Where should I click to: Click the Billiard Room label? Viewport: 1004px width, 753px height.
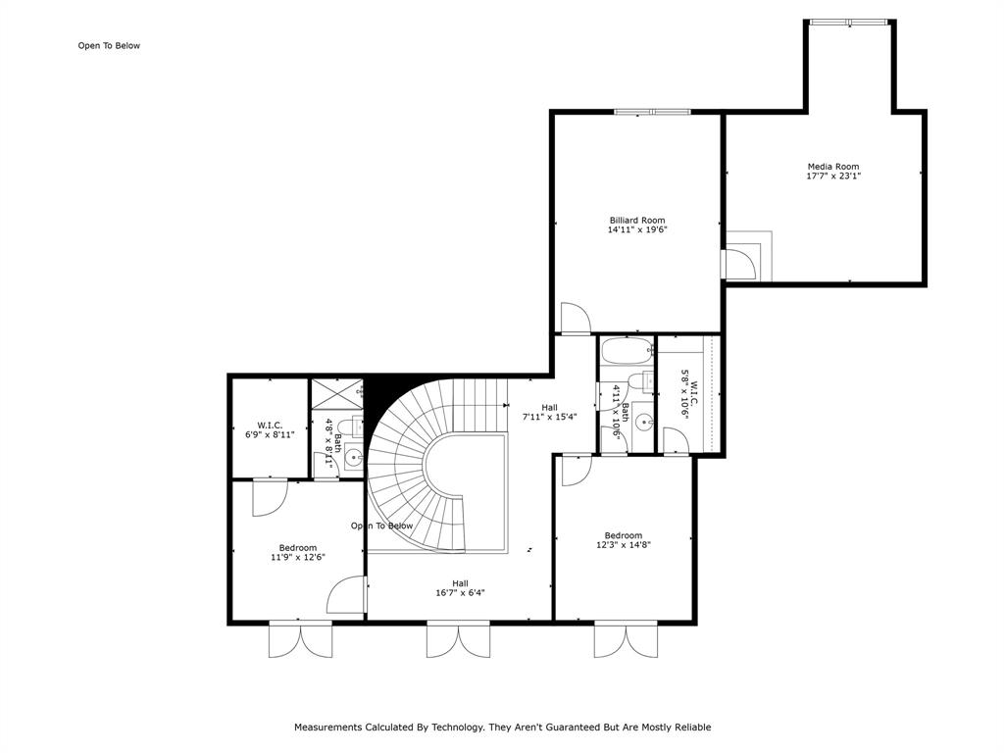[637, 221]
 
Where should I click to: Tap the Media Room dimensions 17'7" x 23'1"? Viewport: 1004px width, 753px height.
[833, 176]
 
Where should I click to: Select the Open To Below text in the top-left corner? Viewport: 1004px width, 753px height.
[109, 45]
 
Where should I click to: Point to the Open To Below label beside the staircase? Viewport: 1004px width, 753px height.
[382, 526]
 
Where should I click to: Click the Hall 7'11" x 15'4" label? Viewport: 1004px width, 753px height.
[549, 411]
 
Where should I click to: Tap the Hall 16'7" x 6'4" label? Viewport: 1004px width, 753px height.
[460, 587]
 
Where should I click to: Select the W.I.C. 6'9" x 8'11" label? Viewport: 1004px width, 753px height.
[270, 429]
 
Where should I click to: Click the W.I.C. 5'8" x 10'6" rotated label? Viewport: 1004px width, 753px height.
[688, 392]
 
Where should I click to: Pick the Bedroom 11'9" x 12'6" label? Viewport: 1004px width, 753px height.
[297, 552]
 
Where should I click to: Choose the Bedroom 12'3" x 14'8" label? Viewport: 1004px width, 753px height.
[624, 540]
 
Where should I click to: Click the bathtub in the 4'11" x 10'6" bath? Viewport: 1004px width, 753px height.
[627, 350]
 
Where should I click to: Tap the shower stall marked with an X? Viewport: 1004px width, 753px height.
[336, 393]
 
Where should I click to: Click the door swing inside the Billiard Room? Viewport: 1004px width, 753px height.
[575, 319]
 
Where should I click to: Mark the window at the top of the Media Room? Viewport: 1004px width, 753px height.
[849, 22]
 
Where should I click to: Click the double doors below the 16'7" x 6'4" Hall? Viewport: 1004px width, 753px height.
[458, 639]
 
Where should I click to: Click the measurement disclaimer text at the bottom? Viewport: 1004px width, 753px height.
[502, 728]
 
